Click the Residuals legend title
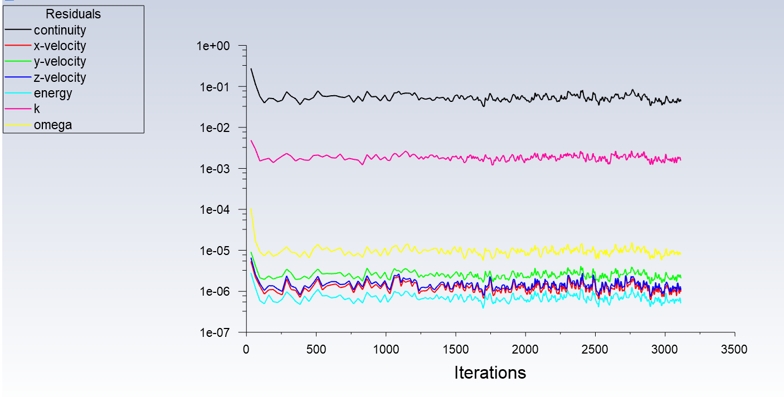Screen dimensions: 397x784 (x=74, y=14)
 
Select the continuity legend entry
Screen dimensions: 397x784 (x=60, y=30)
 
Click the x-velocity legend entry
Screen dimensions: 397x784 (x=60, y=46)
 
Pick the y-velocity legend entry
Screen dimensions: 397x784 (x=60, y=61)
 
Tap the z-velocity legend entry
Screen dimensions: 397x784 (x=60, y=77)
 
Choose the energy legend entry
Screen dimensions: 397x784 (x=53, y=93)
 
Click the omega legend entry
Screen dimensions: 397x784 (x=53, y=125)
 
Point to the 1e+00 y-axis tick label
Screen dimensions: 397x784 (x=213, y=46)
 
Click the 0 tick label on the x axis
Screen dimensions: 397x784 (x=246, y=350)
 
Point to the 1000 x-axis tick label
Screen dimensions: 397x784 (x=386, y=350)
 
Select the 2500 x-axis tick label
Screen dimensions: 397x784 (x=595, y=350)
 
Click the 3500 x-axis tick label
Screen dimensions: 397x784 (x=734, y=350)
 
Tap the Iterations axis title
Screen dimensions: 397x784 (x=490, y=373)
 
